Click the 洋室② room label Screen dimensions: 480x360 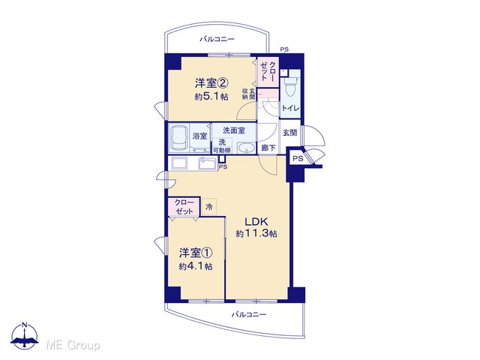[x=211, y=83]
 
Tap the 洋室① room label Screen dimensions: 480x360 [x=196, y=253]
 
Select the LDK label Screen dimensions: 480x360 [x=256, y=221]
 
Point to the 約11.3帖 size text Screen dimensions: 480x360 [x=256, y=234]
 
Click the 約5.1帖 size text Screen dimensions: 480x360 [x=211, y=97]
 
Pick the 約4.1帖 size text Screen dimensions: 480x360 [x=196, y=266]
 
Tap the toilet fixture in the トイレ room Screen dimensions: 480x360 [x=290, y=87]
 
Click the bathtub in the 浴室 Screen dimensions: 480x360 [x=178, y=137]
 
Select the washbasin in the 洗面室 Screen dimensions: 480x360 [x=247, y=148]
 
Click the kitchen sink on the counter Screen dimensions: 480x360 [x=208, y=163]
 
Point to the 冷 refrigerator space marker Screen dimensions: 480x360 [x=209, y=207]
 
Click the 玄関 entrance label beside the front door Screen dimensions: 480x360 [x=289, y=133]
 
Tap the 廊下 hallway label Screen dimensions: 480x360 [x=268, y=148]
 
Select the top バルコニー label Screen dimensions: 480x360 [x=217, y=39]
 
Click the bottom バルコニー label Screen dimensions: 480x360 [x=249, y=314]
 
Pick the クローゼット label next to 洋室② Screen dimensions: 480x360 [x=268, y=71]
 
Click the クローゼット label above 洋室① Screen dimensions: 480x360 [x=184, y=207]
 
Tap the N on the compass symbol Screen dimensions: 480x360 [x=25, y=325]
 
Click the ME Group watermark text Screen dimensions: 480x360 [x=73, y=345]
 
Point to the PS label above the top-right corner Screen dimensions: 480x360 [x=284, y=49]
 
